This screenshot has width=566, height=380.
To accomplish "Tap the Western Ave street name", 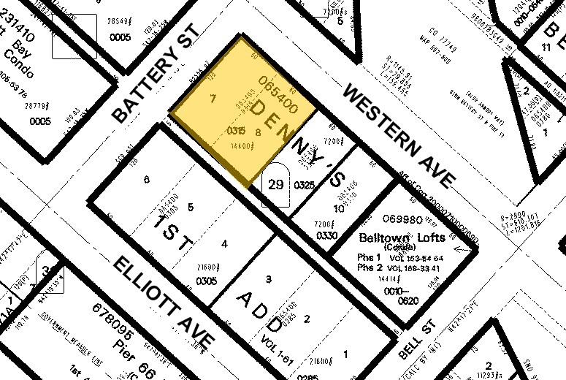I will [x=398, y=134].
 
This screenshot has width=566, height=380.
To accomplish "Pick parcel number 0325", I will [x=304, y=186].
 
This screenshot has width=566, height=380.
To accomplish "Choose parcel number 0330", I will [x=328, y=235].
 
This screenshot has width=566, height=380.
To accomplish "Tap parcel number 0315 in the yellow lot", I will [x=235, y=131].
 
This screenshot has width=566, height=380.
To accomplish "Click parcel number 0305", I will [x=207, y=280].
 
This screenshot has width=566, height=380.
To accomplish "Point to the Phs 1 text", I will [x=370, y=258].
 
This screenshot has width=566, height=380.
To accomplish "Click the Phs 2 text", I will [x=370, y=269].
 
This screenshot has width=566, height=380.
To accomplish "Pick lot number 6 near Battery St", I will [x=147, y=179].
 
